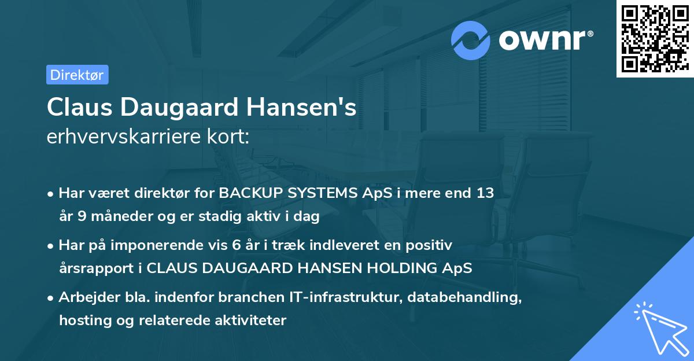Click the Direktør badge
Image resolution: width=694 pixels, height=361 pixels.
pos(77,75)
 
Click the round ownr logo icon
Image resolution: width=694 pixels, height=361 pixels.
pos(471,40)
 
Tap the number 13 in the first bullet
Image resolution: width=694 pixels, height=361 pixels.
pos(484,193)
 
